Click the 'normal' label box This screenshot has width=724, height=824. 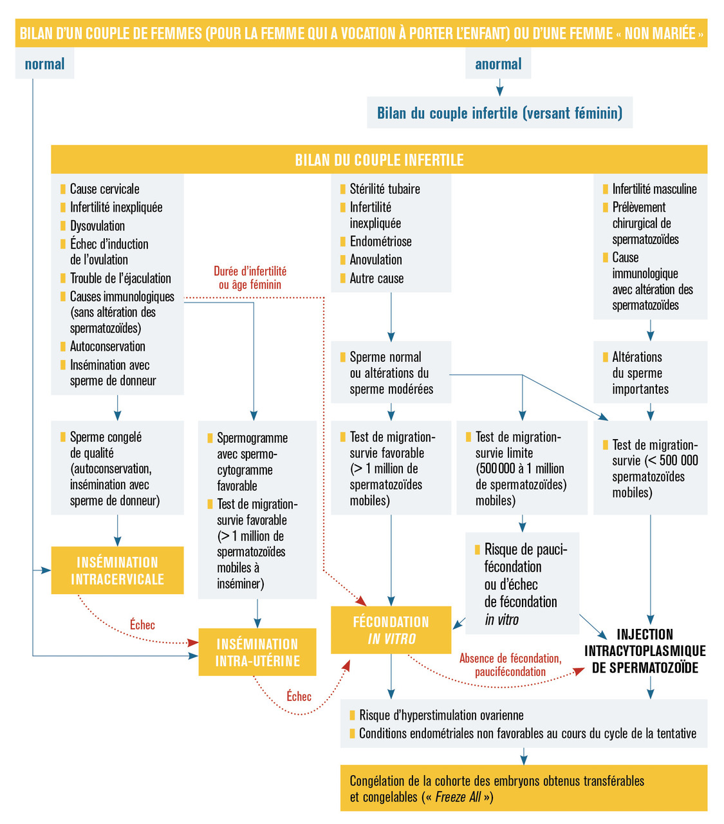pos(44,64)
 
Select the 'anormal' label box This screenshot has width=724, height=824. pos(498,64)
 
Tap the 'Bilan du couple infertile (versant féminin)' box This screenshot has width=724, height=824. pos(499,113)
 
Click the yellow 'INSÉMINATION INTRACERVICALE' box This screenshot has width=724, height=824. pos(117,570)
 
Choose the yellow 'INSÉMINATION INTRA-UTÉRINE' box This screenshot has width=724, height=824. pos(257,652)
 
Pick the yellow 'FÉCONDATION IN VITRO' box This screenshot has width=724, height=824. pos(391,630)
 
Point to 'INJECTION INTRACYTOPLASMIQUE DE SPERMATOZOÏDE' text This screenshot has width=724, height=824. pos(645,651)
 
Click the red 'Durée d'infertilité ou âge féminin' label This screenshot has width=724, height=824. pos(250,278)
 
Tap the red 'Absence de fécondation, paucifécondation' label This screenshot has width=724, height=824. pos(510,665)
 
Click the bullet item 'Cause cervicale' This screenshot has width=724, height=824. pos(104,189)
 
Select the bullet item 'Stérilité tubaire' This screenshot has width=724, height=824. pos(384,189)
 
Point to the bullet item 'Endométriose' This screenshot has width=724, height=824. pos(380,241)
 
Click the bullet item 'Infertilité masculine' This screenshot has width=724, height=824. pos(654,189)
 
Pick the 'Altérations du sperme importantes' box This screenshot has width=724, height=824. pos(650,373)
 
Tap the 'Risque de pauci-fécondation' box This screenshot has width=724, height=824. pos(522,584)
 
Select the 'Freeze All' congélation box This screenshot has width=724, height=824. pos(523,789)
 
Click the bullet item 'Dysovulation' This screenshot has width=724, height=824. pos(97,226)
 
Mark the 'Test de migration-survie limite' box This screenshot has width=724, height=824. pos(521,468)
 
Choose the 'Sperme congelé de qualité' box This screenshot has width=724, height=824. pos(117,468)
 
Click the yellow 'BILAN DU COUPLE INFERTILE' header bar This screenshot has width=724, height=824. pos(379,160)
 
